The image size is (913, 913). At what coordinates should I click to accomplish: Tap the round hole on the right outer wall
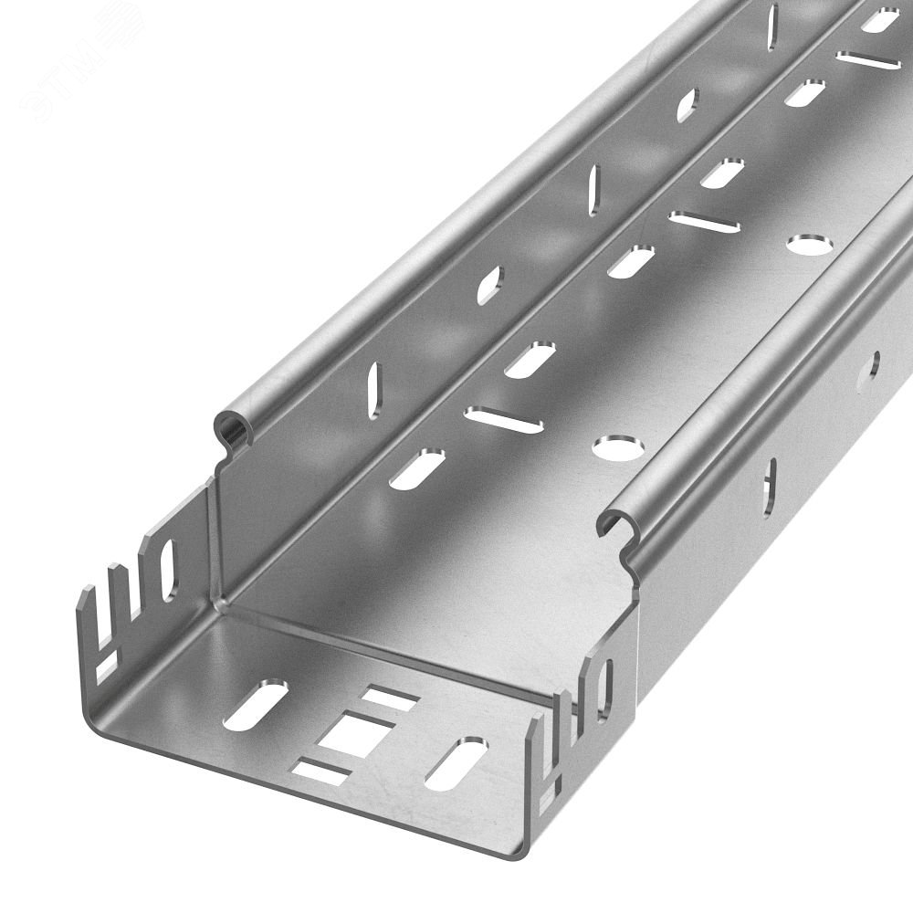874,364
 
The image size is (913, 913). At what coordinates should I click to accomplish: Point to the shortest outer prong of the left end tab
88,612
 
